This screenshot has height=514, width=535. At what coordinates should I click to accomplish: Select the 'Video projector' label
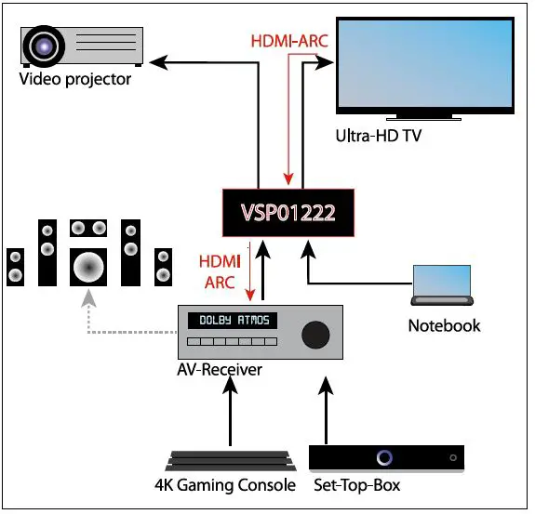coord(75,80)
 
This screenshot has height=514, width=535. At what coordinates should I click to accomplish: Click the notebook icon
coord(442,285)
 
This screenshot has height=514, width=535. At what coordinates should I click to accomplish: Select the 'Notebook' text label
coord(444,325)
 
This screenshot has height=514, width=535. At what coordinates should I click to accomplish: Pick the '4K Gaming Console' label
coord(226,485)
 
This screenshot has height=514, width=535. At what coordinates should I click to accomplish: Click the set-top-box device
coord(385,457)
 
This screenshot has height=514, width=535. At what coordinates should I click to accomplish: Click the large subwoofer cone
coord(88,267)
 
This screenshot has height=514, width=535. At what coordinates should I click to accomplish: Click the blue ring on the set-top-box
coord(384,457)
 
